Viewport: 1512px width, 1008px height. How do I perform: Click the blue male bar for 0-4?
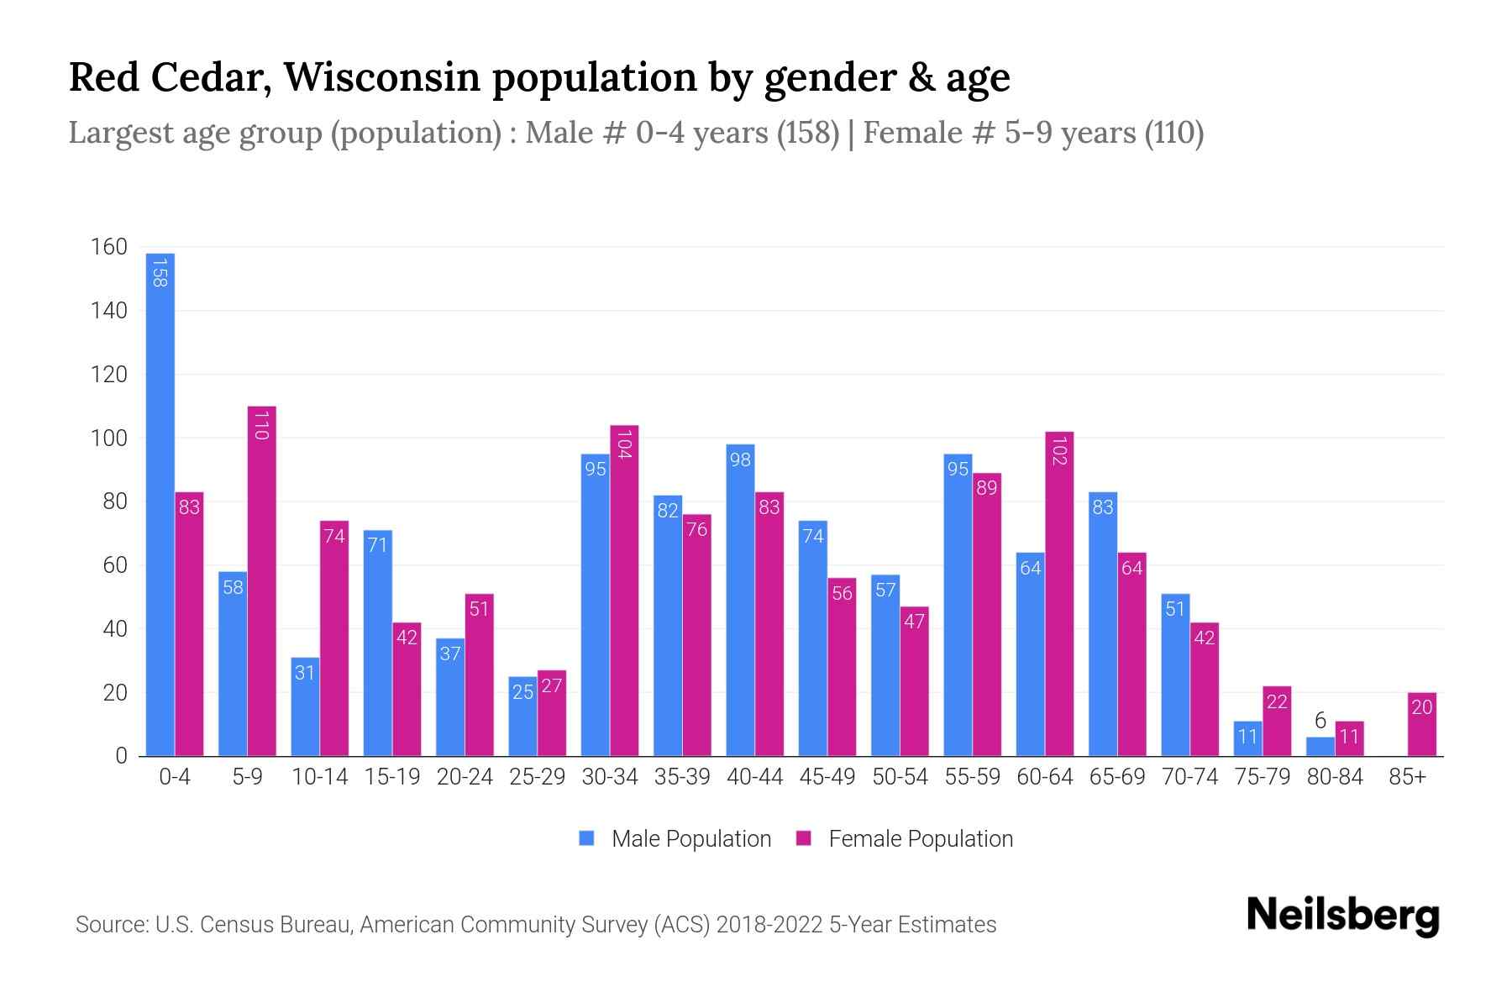160,504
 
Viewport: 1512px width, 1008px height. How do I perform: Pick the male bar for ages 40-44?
740,601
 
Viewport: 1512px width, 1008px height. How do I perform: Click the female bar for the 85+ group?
1421,724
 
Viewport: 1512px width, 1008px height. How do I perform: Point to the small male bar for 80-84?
1320,747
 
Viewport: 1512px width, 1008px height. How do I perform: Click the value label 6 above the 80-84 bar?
1320,721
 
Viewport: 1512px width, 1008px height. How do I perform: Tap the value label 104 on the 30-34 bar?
624,444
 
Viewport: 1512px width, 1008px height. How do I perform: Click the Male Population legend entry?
675,838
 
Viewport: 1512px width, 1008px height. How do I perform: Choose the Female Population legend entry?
906,838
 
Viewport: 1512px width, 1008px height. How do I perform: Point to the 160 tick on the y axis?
109,247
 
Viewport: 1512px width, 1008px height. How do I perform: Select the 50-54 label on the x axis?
900,777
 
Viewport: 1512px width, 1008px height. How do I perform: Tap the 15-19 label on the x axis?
392,777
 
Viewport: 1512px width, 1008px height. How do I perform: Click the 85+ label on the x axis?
1407,777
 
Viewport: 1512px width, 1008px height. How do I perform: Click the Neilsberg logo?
1342,916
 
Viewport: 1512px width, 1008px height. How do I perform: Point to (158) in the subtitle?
808,133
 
